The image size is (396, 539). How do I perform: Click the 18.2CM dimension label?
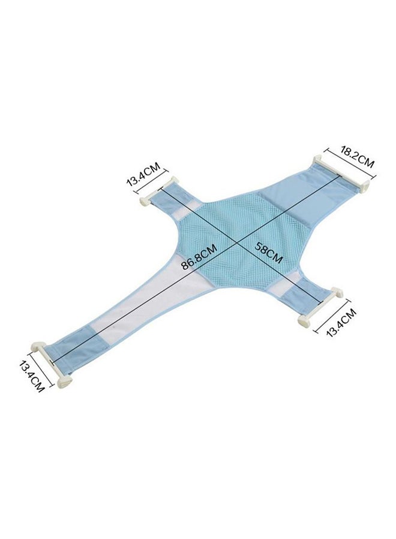pos(358,157)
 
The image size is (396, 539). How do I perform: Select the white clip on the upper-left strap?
pos(160,191)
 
